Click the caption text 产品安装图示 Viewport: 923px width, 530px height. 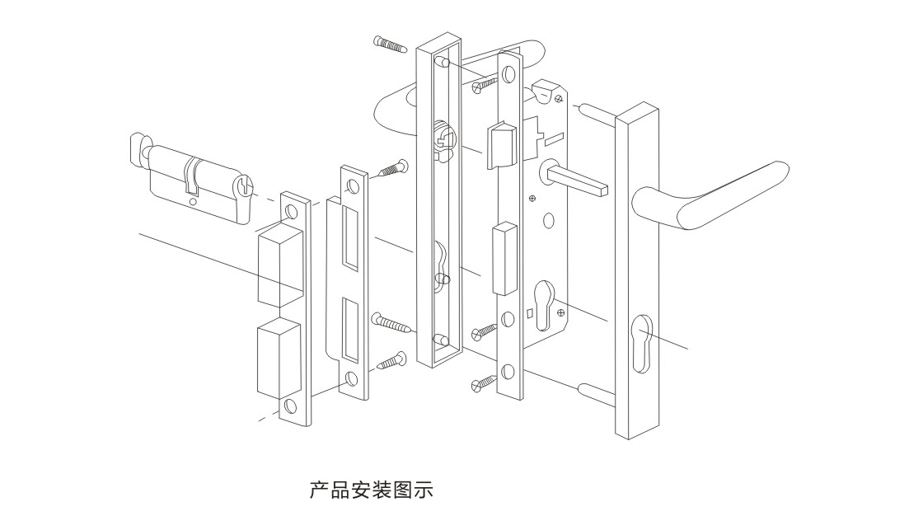coord(371,490)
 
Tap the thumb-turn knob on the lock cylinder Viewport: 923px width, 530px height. coord(137,148)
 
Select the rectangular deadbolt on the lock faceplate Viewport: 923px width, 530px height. coord(500,257)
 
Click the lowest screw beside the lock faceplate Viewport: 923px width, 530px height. coord(483,382)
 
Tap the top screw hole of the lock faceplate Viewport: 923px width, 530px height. coord(508,75)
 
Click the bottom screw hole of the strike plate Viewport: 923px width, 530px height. coord(353,380)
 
